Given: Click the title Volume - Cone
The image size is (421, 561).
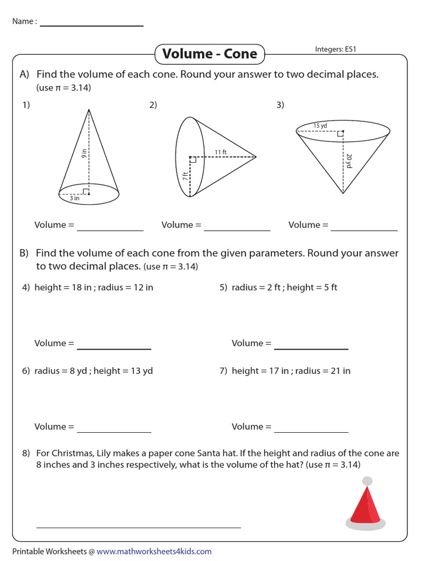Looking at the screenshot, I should point(210,54).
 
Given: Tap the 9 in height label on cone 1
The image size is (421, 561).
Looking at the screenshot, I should point(84,154).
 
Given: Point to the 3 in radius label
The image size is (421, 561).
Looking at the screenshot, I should point(75,199).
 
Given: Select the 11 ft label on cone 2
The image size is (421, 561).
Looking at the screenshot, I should point(220,152).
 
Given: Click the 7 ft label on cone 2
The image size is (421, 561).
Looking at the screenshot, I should point(185,176).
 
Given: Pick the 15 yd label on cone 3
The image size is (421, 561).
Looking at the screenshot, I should point(320,126).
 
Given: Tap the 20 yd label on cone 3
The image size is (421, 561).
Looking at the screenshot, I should point(349,160).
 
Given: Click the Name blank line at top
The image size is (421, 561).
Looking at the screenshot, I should point(92,26).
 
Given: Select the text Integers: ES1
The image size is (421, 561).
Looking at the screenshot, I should point(336,49).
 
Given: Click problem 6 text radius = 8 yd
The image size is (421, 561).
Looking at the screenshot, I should point(61,371).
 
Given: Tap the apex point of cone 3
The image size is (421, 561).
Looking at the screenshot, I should point(343,193).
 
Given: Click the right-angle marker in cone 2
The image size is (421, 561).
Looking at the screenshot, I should point(192,160).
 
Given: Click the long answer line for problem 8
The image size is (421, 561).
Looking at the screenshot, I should point(139,527).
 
